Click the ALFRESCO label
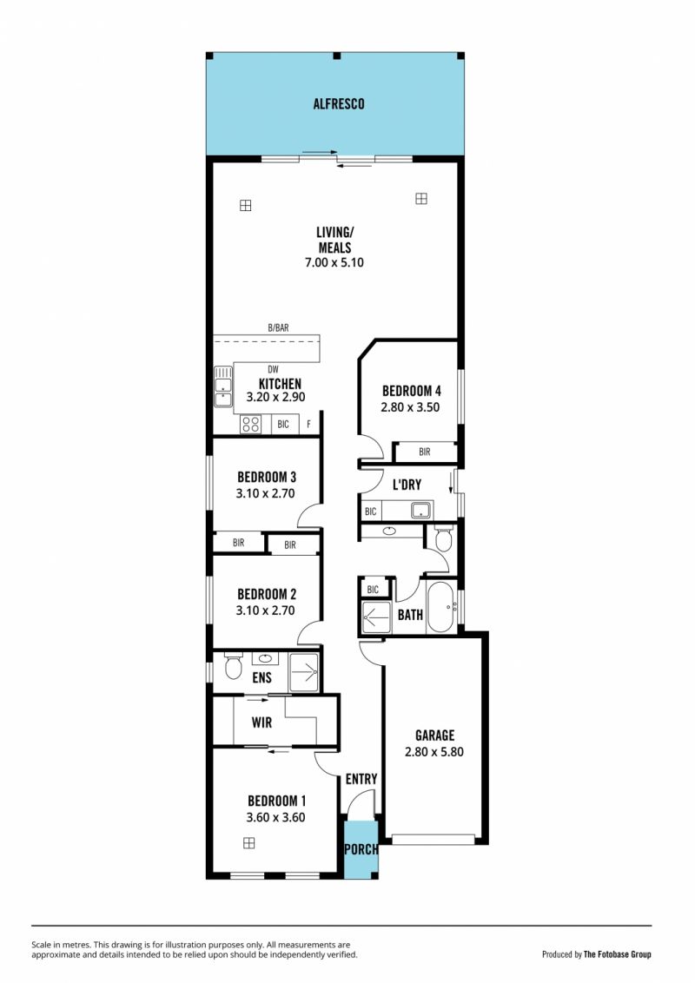(x=339, y=104)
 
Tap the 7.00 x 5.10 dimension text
(x=334, y=262)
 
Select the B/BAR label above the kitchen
(x=279, y=328)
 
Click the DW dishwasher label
(x=273, y=370)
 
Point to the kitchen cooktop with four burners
(x=251, y=425)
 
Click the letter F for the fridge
(x=308, y=425)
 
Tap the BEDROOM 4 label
(x=412, y=391)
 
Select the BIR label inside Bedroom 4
(x=425, y=452)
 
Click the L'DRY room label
(x=407, y=485)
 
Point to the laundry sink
(x=421, y=511)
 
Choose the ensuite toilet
(x=234, y=667)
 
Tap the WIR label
(x=261, y=722)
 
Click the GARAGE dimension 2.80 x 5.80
(x=434, y=752)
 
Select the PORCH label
(x=361, y=849)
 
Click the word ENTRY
(x=361, y=779)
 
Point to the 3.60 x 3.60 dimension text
(x=275, y=817)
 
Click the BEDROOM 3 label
(x=267, y=477)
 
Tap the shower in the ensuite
(x=303, y=673)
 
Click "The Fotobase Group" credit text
(x=617, y=955)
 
